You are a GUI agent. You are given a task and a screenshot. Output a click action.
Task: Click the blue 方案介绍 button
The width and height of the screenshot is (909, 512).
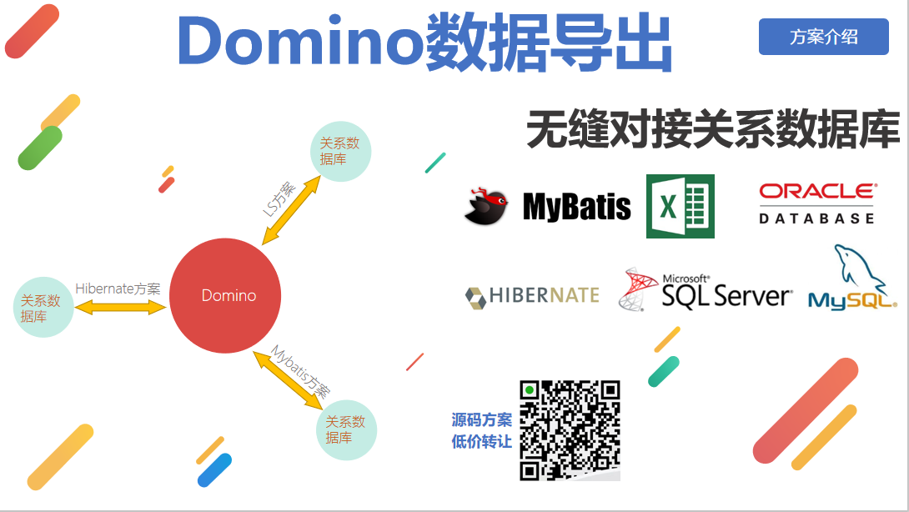823,37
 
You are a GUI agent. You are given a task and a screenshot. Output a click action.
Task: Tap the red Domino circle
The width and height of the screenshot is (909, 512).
225,295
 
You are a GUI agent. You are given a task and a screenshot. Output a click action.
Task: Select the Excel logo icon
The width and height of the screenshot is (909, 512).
680,206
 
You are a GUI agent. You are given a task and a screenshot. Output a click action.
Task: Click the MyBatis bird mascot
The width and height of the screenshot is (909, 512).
486,207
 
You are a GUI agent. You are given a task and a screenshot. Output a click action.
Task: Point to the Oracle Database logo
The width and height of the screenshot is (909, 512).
816,203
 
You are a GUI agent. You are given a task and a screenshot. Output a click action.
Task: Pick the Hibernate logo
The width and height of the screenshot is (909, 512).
532,295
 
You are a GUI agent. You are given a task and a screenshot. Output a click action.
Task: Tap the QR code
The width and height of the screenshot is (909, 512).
570,430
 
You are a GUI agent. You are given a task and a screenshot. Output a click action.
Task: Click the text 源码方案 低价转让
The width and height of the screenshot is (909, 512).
482,430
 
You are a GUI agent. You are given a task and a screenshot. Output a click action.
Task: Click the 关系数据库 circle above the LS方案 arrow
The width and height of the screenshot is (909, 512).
339,151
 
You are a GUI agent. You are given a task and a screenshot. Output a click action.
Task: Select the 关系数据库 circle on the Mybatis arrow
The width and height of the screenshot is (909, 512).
346,429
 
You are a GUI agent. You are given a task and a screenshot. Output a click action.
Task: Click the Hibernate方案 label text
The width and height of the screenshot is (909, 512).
118,289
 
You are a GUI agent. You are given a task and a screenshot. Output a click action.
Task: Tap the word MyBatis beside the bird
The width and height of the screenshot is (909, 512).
576,207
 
